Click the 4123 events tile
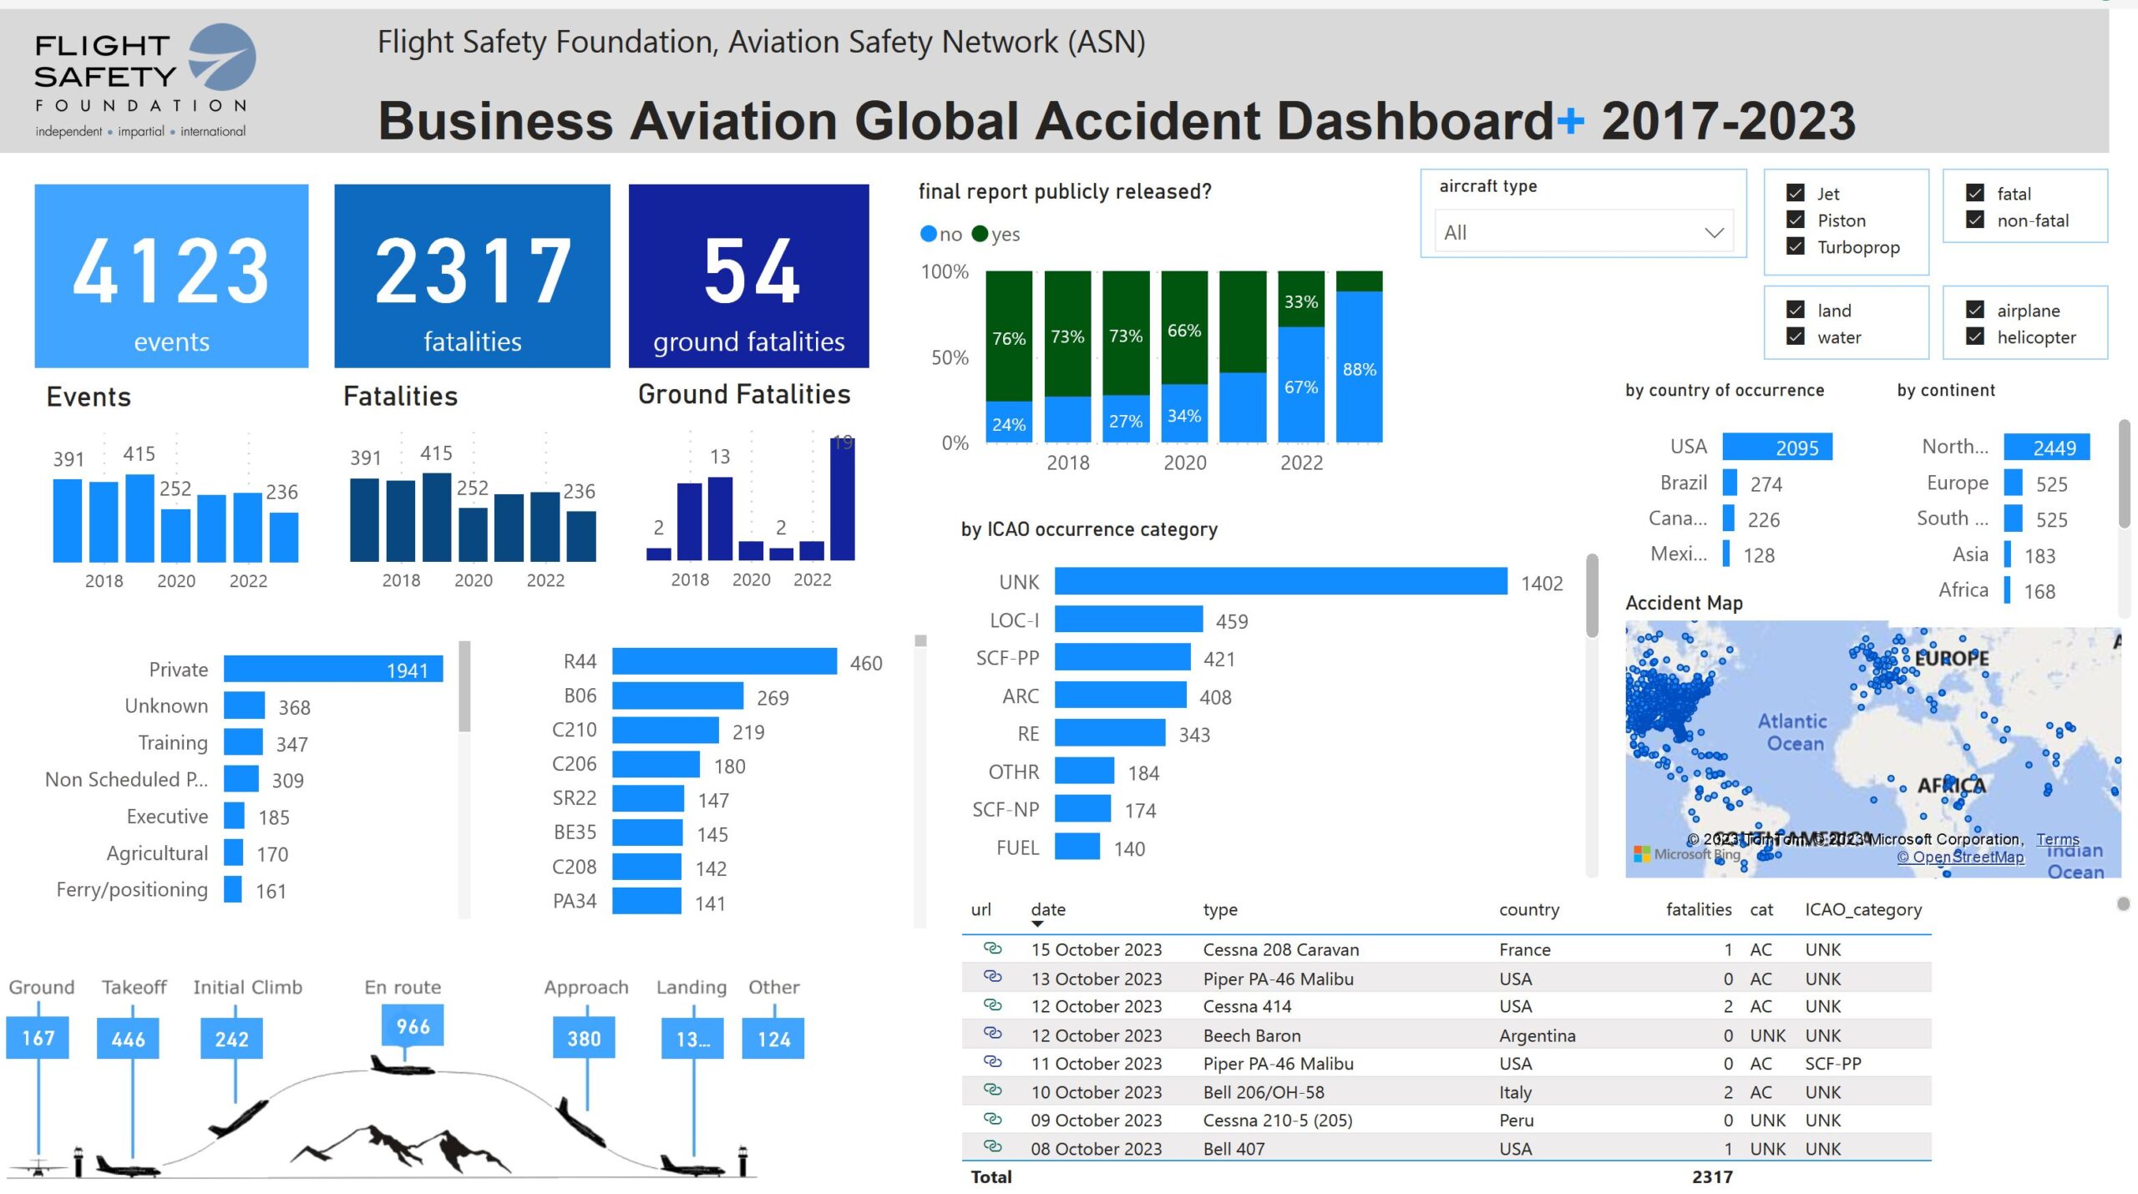(x=171, y=276)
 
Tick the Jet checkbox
(x=1796, y=193)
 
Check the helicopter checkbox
(x=1975, y=336)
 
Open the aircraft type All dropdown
(x=1583, y=232)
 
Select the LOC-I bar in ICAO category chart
(x=1127, y=620)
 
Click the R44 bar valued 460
(x=723, y=661)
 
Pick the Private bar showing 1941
(x=332, y=669)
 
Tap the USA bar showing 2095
(x=1776, y=447)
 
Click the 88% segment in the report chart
(x=1359, y=367)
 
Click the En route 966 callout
(x=413, y=1025)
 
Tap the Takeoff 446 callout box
(x=128, y=1039)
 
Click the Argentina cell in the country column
(x=1537, y=1035)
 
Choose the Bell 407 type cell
(x=1234, y=1148)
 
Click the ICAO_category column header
(x=1862, y=909)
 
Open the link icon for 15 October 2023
(x=992, y=949)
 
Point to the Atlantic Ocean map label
(x=1793, y=731)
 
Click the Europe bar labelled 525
(x=2013, y=483)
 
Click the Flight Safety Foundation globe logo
(x=222, y=57)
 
